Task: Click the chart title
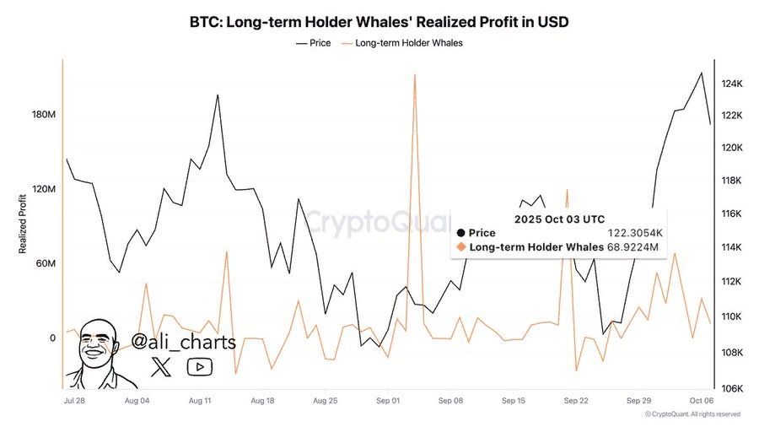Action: [x=379, y=22]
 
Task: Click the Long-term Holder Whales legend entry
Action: [x=408, y=42]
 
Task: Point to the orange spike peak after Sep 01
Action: [x=415, y=75]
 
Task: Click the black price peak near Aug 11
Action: [x=218, y=95]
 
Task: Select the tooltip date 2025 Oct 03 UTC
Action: [x=559, y=219]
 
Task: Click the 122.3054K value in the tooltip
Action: [x=632, y=232]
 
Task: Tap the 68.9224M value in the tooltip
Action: [x=632, y=246]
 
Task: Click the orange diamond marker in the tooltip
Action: [x=460, y=246]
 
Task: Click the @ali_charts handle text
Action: [x=183, y=342]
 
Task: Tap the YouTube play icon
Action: [x=200, y=366]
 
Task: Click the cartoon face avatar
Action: [x=100, y=350]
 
